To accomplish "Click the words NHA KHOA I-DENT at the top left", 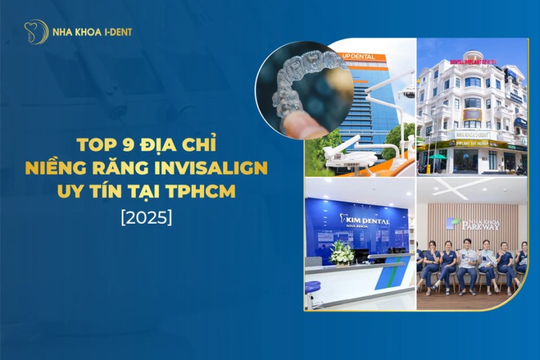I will (91, 32).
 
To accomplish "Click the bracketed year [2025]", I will (146, 216).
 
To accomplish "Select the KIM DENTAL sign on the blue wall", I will (365, 219).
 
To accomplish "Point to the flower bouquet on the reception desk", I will (341, 253).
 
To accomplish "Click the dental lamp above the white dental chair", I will (408, 91).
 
